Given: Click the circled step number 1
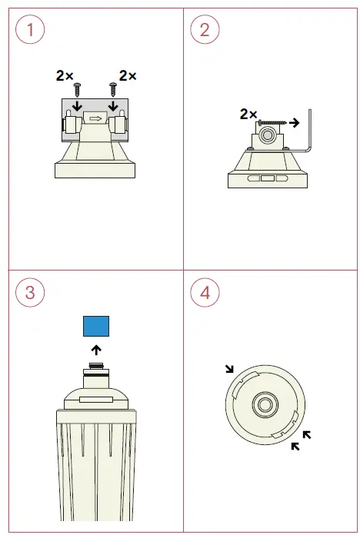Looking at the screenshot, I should coord(30,30).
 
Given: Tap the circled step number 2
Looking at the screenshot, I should coord(205,30).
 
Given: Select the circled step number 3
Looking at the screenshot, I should coord(30,292).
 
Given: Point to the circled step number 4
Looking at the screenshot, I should coord(205,292).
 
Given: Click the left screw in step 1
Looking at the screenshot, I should coord(76,88).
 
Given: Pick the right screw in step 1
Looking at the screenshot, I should coord(114,88).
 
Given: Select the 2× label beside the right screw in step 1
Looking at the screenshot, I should coord(128,76).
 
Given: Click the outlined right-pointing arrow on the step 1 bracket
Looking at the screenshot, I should coord(95,118).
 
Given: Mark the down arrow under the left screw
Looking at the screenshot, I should coord(76,105).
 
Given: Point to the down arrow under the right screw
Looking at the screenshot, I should coord(114,105).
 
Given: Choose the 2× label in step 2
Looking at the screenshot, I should coord(248,114).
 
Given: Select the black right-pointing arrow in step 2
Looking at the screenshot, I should coord(293,121).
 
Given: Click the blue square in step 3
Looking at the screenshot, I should coord(97,327).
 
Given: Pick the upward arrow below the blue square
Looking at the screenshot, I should coord(97,350).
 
